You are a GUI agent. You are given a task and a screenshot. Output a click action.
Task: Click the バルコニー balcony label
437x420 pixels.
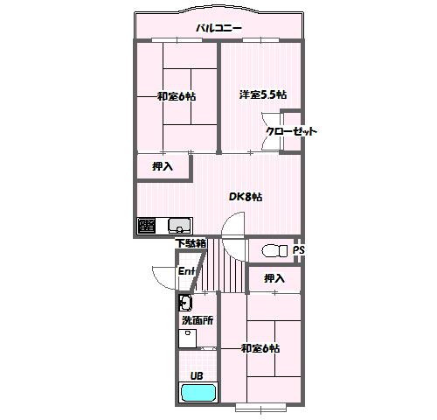[218, 28]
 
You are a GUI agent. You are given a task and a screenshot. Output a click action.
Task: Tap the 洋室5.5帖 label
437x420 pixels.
[263, 94]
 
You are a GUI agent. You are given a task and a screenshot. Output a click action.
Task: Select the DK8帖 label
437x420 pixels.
[246, 197]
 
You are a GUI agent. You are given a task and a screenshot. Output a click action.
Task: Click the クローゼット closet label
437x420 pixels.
[291, 131]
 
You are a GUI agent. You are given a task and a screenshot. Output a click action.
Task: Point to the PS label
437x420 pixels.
[299, 250]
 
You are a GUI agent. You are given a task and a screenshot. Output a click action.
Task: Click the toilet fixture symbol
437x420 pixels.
[275, 250]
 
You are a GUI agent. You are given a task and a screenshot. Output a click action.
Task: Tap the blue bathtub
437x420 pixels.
[198, 393]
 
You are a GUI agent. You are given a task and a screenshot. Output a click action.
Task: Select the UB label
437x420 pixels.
[197, 376]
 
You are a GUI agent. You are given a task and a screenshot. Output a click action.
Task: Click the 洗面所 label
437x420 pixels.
[198, 320]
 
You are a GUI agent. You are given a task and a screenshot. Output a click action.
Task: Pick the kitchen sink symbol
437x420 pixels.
[180, 225]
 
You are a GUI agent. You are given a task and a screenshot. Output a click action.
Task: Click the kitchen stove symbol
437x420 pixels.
[147, 225]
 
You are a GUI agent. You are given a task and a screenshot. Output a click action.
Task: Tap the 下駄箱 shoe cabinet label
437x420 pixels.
[191, 243]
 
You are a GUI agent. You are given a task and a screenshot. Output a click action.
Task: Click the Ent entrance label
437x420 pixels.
[186, 271]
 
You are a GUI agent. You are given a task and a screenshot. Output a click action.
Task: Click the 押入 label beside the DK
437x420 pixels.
[163, 166]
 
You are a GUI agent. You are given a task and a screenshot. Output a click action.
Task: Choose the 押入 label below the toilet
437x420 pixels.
[274, 278]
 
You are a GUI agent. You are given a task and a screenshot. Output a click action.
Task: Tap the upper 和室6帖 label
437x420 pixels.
[177, 96]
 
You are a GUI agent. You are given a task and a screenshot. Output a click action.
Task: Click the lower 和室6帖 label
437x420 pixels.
[260, 348]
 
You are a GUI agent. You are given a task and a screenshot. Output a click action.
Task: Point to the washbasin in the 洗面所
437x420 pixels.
[185, 303]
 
